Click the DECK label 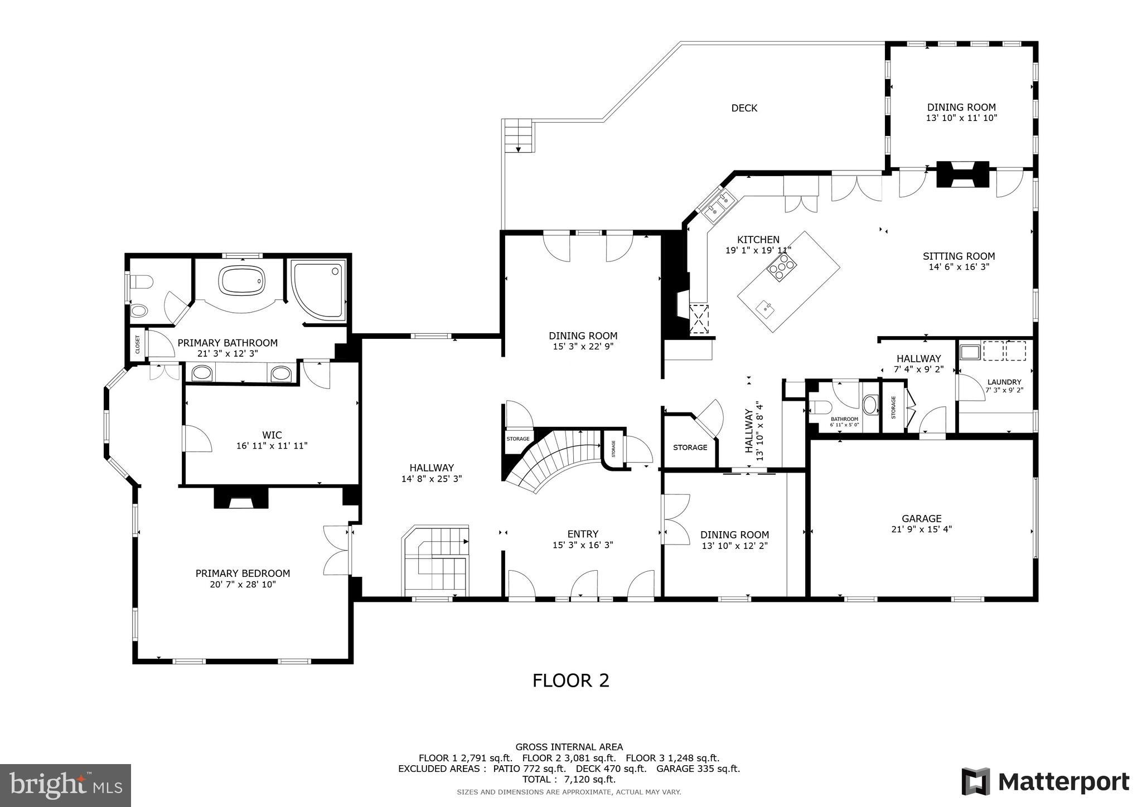tap(744, 108)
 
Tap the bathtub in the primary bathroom tap(242, 280)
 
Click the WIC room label tap(272, 435)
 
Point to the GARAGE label tap(921, 518)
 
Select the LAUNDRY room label tap(1004, 382)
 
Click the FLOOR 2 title tap(570, 680)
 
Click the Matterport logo tap(1045, 781)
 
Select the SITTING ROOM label tap(958, 256)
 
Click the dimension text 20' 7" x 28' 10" tap(243, 584)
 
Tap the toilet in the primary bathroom tap(141, 283)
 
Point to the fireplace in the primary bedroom tap(241, 498)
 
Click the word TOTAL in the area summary tap(539, 779)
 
